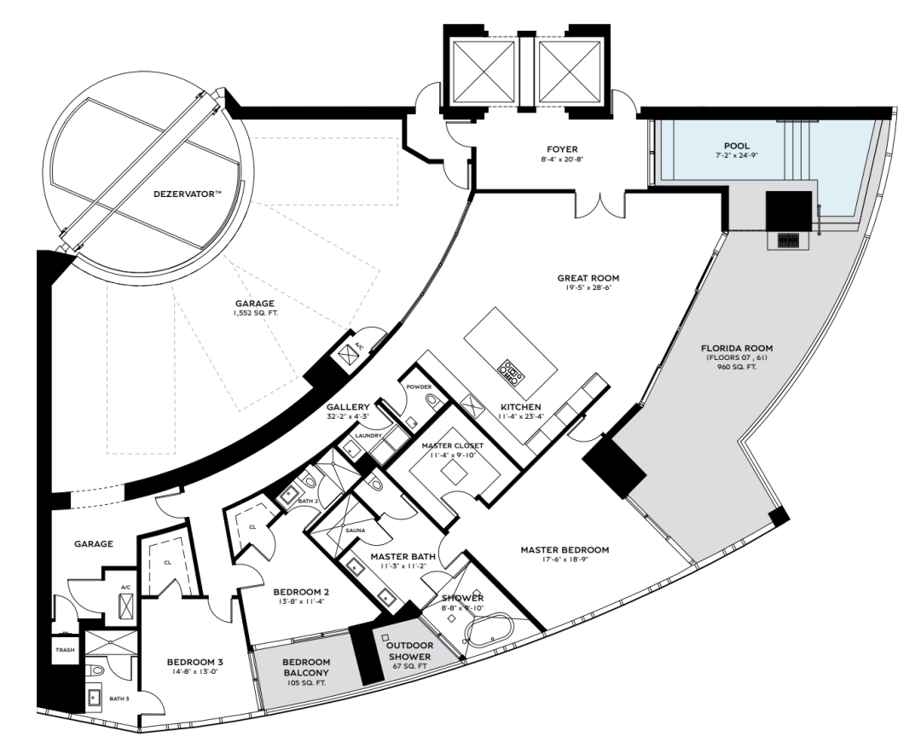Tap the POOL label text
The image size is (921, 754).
click(x=737, y=146)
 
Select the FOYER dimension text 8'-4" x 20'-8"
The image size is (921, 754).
click(x=562, y=159)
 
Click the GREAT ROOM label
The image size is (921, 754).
click(x=588, y=278)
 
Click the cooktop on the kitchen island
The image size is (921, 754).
click(x=512, y=371)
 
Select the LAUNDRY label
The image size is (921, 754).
click(x=369, y=436)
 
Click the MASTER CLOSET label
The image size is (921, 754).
click(x=452, y=445)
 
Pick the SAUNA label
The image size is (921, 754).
click(x=355, y=530)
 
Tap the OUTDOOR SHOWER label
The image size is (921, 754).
click(x=409, y=651)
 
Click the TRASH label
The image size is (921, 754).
click(x=65, y=649)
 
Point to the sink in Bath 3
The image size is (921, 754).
click(x=94, y=697)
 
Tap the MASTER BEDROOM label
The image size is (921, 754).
click(x=565, y=550)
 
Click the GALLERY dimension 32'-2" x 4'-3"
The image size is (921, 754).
click(x=348, y=417)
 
